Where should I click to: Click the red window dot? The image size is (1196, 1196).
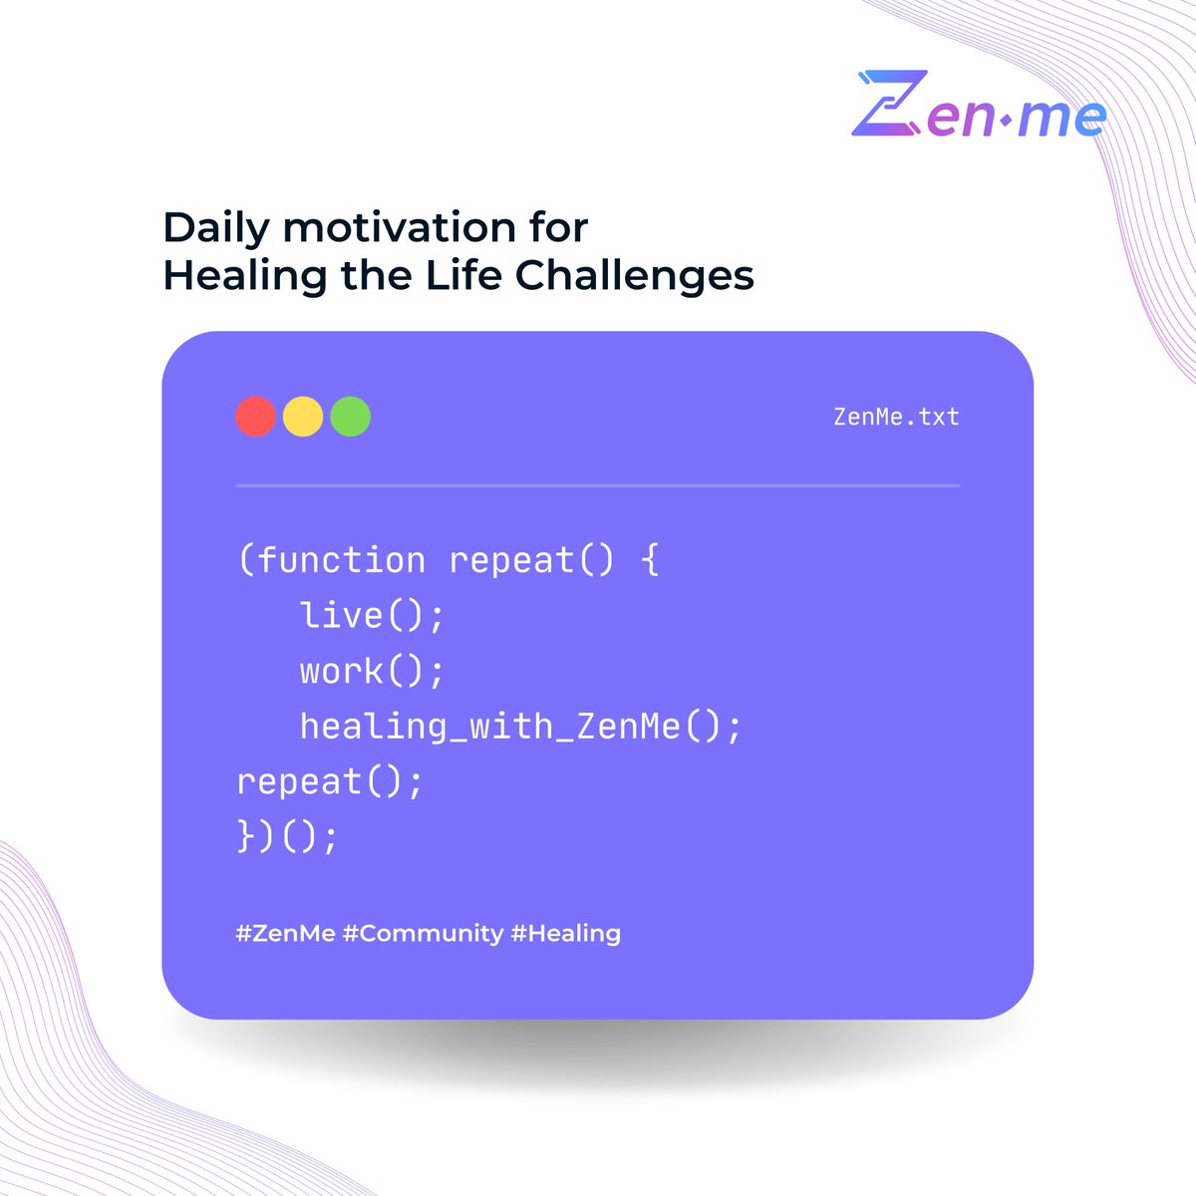click(255, 417)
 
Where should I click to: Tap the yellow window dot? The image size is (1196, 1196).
click(303, 417)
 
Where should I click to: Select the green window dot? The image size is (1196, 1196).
click(351, 417)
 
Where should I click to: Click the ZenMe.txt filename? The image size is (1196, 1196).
click(896, 417)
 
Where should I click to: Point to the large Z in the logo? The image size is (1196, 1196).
click(890, 104)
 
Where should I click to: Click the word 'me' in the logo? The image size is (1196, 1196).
click(1066, 118)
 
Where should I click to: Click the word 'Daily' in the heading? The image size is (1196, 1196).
click(215, 229)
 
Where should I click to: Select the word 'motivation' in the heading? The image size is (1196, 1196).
click(385, 228)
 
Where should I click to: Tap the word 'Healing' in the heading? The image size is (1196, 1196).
click(245, 277)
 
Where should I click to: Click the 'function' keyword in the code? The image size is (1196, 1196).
click(341, 560)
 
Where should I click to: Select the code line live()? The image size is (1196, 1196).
click(372, 615)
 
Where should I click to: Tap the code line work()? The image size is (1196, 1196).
click(372, 671)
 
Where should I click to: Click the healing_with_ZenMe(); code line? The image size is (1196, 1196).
click(521, 727)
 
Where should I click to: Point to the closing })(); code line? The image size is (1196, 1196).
click(288, 836)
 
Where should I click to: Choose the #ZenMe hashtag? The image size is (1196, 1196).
click(285, 934)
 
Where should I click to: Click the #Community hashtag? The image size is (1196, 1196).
click(423, 934)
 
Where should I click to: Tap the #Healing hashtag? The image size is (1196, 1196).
click(565, 934)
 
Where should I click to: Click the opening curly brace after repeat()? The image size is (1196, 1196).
click(650, 560)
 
